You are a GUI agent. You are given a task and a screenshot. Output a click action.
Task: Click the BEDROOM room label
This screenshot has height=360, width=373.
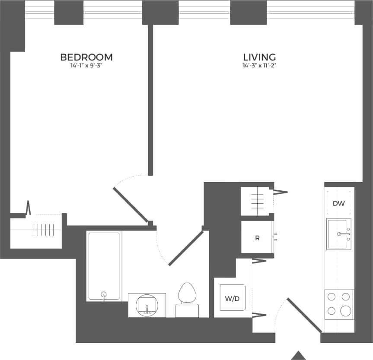86,57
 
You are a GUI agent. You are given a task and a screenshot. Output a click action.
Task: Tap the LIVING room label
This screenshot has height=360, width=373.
259,57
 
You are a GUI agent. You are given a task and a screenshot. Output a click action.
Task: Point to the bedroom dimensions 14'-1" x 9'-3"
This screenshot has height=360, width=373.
86,66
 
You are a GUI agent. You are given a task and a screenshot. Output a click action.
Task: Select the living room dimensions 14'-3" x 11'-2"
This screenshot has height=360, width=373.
259,66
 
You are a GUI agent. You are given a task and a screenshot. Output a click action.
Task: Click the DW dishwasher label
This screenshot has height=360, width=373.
339,204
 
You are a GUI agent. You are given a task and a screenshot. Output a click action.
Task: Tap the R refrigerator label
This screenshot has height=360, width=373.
257,238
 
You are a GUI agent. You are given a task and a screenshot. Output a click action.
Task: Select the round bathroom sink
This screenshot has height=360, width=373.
147,305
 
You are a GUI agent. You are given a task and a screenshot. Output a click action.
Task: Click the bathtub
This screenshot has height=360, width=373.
104,263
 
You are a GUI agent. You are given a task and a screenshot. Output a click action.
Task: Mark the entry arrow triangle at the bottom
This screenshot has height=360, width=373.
298,355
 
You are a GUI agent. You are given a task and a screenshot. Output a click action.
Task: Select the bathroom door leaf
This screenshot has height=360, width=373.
186,248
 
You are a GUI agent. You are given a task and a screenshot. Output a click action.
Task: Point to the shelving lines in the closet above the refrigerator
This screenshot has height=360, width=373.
257,201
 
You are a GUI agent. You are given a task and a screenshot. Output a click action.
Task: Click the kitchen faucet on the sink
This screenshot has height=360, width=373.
344,234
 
